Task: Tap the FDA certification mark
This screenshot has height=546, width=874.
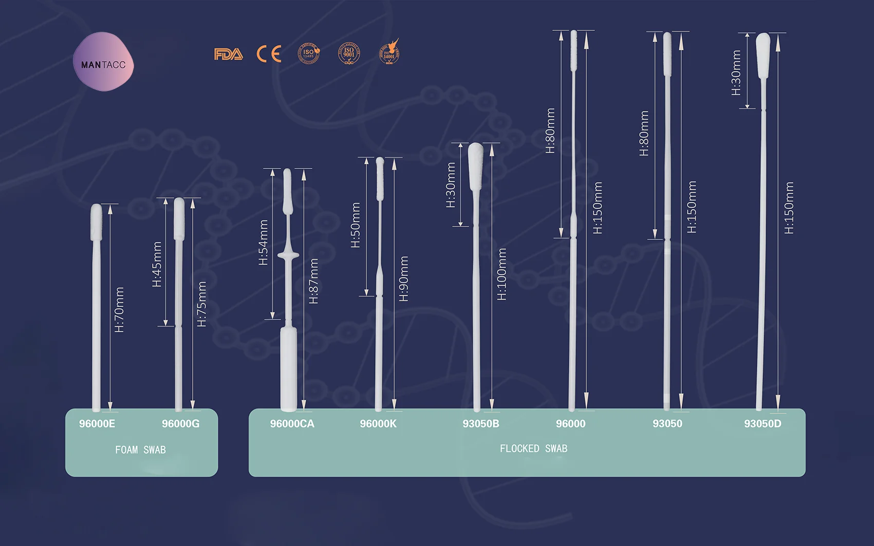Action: (x=228, y=54)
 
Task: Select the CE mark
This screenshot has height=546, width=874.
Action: (x=269, y=54)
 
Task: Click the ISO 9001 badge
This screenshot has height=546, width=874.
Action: (x=349, y=53)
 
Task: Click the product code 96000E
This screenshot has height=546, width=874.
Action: (x=97, y=424)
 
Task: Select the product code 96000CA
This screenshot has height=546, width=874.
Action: (x=292, y=424)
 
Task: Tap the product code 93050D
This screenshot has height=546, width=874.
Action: (x=763, y=424)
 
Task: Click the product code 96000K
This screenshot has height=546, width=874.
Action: (x=378, y=424)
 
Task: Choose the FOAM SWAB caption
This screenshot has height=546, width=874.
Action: (x=140, y=450)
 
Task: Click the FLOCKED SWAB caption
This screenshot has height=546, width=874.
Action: (x=533, y=449)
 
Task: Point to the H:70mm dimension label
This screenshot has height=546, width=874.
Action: (x=119, y=310)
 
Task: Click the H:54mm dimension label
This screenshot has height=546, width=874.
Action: (x=264, y=242)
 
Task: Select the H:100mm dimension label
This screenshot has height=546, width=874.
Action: (x=502, y=274)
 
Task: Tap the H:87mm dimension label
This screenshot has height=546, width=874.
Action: (x=314, y=281)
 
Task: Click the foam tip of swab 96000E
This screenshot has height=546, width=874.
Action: (x=96, y=221)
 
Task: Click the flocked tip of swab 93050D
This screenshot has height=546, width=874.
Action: (x=763, y=55)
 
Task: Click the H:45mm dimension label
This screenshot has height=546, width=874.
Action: (x=157, y=264)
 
